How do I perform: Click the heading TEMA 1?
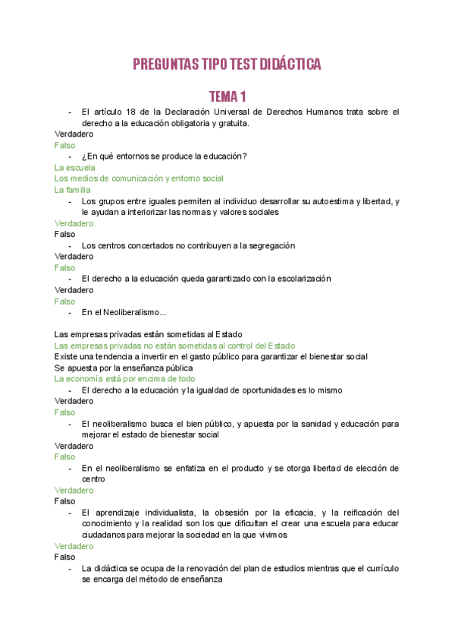coord(227,96)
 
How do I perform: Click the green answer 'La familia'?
coord(73,190)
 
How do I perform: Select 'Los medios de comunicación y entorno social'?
coord(139,178)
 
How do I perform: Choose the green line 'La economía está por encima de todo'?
coord(125,378)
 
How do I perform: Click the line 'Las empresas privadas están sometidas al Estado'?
coord(149,334)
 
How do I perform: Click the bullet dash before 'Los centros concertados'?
coord(70,245)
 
